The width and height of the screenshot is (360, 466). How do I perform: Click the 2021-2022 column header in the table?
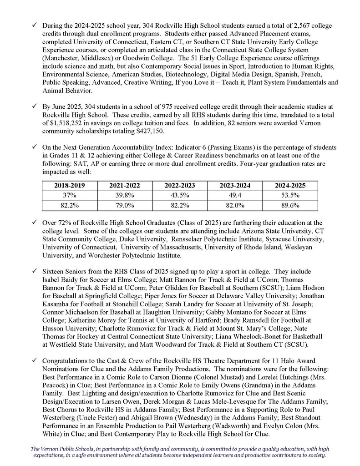(x=124, y=186)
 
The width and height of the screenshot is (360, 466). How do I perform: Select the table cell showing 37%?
(x=69, y=196)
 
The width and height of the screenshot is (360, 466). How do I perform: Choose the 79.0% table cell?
(x=124, y=205)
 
